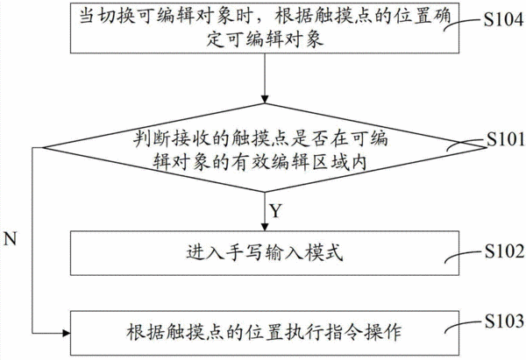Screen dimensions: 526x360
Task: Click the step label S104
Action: (x=503, y=19)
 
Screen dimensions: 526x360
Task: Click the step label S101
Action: (x=506, y=138)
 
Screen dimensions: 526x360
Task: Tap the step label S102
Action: (x=504, y=251)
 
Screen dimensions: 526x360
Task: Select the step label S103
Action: (x=504, y=321)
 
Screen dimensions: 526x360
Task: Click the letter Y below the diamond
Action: (x=275, y=211)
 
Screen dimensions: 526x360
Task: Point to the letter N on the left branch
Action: (x=10, y=238)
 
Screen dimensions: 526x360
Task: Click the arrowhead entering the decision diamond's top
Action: (x=265, y=99)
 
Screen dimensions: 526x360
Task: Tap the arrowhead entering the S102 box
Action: (x=265, y=227)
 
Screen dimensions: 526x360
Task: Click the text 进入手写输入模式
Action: (x=265, y=253)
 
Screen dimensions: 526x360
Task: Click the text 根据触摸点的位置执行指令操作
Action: (x=264, y=333)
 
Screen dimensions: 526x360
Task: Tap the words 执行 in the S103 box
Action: (x=303, y=333)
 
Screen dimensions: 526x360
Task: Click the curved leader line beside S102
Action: (x=464, y=256)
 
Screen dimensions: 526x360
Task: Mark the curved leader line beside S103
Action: (x=464, y=326)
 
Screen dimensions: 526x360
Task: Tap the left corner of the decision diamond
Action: (x=44, y=147)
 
